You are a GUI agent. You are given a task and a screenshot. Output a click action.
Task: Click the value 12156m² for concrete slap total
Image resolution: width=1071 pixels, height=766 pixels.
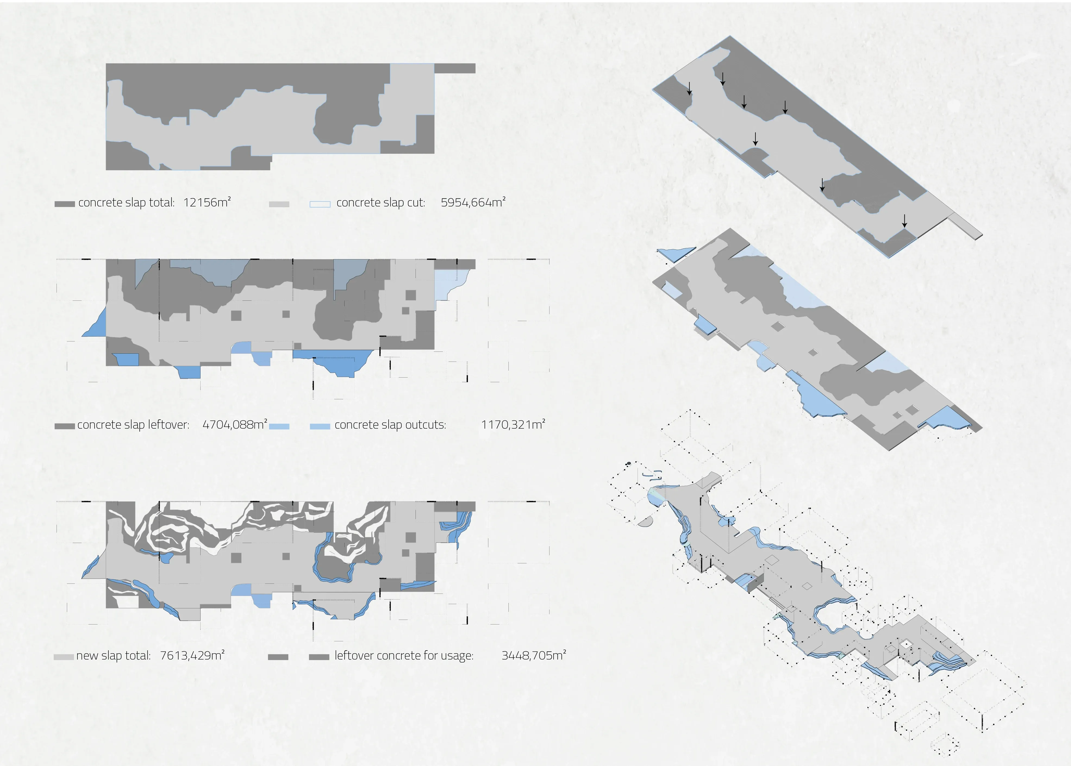click(207, 202)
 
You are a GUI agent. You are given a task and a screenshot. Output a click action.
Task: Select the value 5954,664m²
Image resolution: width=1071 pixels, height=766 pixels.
click(473, 202)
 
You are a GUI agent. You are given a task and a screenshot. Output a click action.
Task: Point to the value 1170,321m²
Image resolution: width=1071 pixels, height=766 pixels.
click(513, 425)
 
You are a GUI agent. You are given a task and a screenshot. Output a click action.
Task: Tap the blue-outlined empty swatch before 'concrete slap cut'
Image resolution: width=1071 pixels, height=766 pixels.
click(320, 204)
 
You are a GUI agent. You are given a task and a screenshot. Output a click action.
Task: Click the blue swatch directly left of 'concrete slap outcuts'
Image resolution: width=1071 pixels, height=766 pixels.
click(320, 426)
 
